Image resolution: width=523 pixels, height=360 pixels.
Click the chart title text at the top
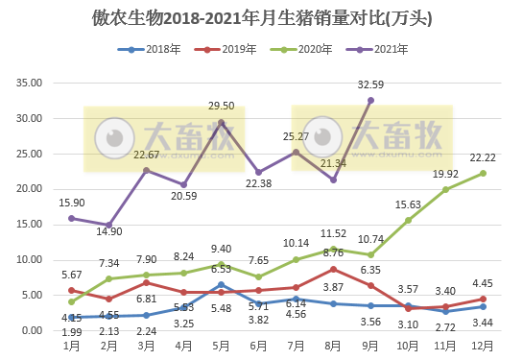click(261, 16)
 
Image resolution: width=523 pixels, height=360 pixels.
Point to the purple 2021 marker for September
click(370, 100)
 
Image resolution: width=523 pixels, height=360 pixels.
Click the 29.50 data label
click(222, 107)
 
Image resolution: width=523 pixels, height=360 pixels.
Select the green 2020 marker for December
click(483, 173)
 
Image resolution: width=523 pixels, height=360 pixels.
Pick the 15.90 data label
click(71, 203)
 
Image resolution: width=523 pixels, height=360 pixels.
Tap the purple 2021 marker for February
click(108, 225)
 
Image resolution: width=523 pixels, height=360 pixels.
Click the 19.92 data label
click(445, 174)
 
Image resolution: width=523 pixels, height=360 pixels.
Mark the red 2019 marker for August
click(333, 269)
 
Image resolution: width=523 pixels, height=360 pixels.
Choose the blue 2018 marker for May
click(221, 284)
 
